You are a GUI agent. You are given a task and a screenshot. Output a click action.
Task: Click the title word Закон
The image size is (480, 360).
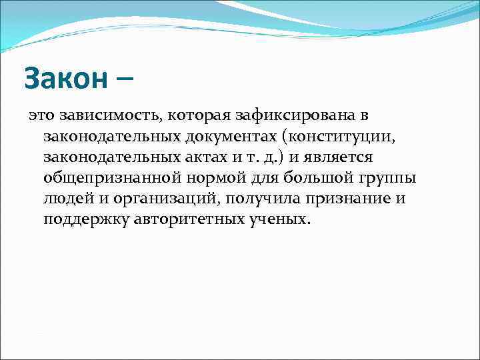(65, 79)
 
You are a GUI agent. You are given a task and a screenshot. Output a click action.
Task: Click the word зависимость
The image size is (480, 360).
(102, 115)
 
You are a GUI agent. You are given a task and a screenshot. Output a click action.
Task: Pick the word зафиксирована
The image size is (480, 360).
(287, 115)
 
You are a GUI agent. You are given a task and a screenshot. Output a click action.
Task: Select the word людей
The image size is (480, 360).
(67, 199)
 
